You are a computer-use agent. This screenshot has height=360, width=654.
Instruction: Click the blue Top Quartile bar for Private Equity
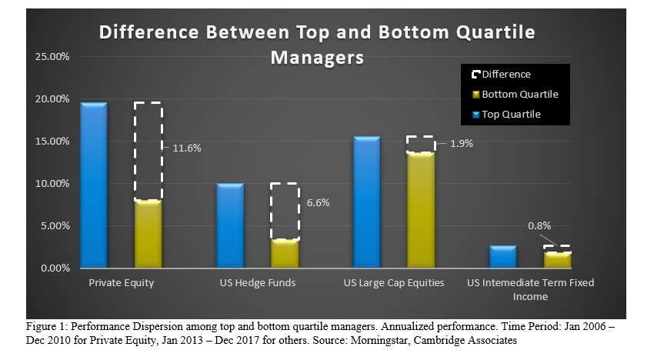click(94, 185)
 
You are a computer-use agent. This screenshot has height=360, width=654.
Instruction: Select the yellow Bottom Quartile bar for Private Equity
click(148, 234)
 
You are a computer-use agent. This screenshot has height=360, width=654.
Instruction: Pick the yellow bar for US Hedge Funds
click(284, 254)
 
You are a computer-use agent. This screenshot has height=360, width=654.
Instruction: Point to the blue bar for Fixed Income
click(502, 257)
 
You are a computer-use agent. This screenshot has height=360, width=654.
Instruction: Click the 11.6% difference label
click(183, 148)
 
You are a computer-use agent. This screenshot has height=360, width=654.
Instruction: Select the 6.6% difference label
click(318, 203)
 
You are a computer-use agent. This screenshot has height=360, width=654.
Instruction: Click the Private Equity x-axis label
click(122, 283)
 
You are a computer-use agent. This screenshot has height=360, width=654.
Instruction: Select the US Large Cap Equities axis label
click(392, 283)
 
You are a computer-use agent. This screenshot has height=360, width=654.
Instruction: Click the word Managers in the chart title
click(316, 58)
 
